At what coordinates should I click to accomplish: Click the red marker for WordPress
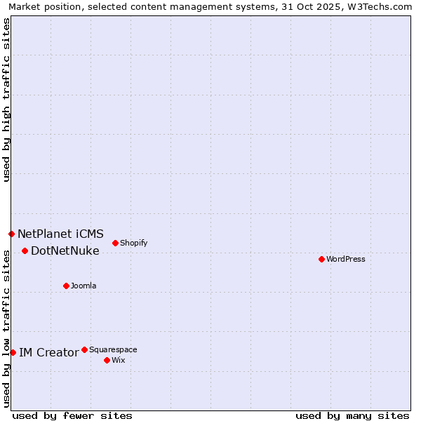click(321, 259)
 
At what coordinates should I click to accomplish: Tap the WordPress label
click(346, 259)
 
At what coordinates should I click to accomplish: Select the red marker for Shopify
click(115, 243)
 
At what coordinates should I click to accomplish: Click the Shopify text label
click(133, 243)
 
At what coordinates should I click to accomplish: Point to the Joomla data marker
click(66, 286)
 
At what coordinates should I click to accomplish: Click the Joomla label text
click(83, 286)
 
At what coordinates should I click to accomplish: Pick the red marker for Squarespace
click(84, 349)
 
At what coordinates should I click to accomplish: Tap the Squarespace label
click(113, 349)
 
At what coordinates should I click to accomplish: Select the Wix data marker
click(107, 360)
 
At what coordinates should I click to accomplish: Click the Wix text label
click(119, 360)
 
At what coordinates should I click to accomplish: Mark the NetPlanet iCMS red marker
click(11, 234)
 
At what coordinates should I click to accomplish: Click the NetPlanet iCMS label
click(60, 234)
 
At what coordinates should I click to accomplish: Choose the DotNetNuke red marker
click(25, 250)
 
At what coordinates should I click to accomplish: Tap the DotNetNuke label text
click(65, 250)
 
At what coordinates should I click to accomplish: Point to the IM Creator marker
click(13, 352)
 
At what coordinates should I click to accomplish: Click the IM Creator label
click(48, 352)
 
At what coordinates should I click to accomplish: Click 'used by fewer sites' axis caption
click(72, 415)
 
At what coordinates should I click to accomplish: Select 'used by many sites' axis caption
click(352, 415)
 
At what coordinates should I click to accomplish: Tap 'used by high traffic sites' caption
click(6, 100)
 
